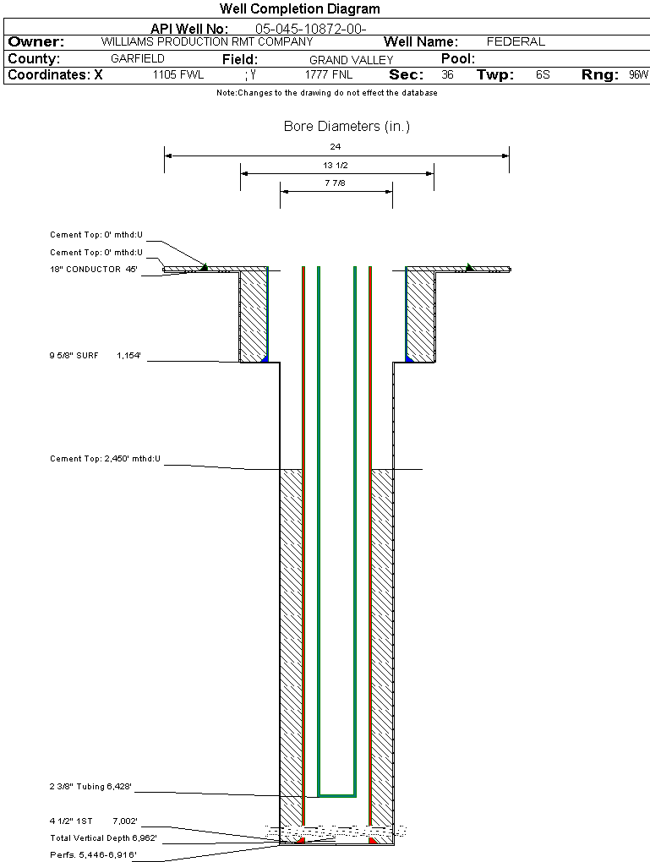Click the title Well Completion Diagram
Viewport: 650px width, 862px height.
(299, 9)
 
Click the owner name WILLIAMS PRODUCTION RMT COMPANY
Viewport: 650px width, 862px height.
(206, 41)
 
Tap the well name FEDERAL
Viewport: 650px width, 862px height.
(516, 41)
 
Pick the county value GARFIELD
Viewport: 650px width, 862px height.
(138, 59)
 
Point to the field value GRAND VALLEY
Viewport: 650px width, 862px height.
(351, 60)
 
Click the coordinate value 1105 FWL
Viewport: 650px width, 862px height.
(178, 75)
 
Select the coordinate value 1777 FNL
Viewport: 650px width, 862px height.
(329, 75)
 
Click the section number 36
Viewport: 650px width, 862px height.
(447, 75)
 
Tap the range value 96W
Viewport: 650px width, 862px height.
(638, 75)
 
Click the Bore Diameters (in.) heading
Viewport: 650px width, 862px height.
(347, 127)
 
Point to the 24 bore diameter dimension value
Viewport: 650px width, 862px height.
(336, 147)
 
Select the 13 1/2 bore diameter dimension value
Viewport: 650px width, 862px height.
(336, 165)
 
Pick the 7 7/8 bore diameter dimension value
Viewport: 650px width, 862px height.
(336, 183)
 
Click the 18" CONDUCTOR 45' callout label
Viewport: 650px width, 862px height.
(93, 270)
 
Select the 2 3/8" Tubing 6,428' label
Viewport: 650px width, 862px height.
(90, 787)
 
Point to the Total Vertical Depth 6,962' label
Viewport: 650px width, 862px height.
(103, 837)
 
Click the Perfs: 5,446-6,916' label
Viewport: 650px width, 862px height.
(93, 854)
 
